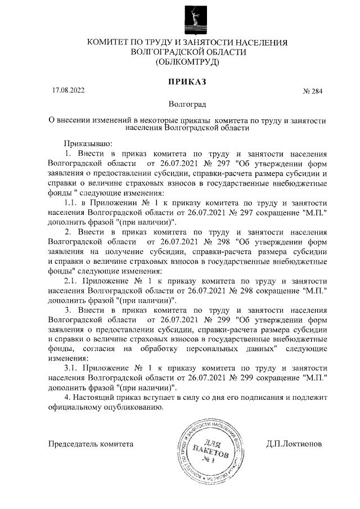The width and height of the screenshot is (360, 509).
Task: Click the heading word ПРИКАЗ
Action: click(x=188, y=82)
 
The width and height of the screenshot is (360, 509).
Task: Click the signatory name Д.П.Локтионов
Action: click(x=294, y=443)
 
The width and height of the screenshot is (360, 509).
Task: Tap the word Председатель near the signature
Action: click(x=73, y=443)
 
